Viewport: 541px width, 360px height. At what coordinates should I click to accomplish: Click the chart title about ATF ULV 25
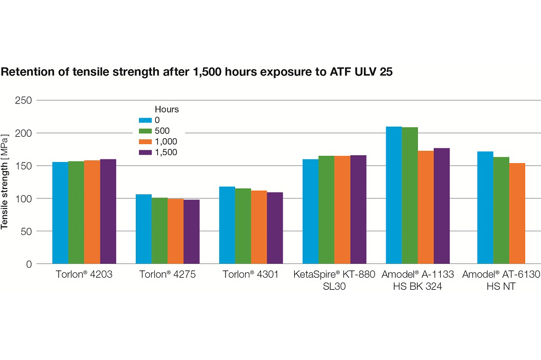tap(197, 72)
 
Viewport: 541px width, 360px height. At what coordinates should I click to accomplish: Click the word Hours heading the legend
tap(166, 110)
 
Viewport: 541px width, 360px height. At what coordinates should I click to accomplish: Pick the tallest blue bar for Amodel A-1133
tap(394, 195)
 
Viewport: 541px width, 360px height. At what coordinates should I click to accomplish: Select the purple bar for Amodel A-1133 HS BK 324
tap(441, 206)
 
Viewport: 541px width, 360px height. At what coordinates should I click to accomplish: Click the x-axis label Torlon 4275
tap(167, 274)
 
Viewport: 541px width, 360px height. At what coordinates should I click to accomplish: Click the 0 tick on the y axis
tap(29, 264)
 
